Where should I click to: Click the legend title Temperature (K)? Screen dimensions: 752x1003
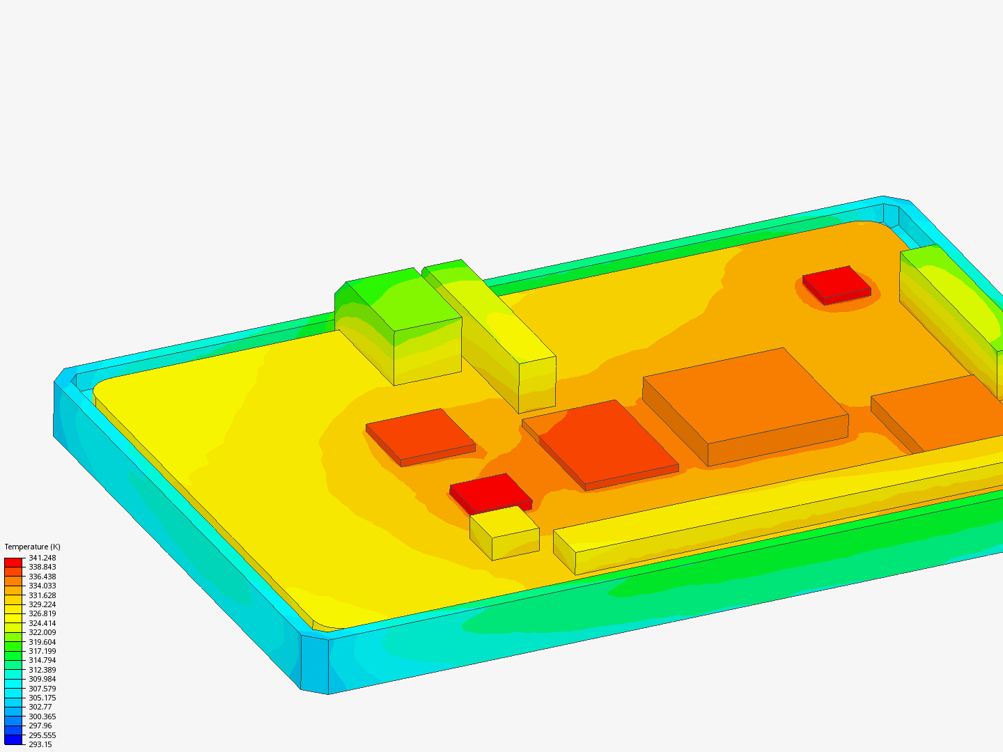click(x=32, y=547)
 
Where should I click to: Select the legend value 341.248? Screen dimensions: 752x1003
click(x=42, y=558)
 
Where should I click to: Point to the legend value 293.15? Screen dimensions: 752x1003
click(x=40, y=744)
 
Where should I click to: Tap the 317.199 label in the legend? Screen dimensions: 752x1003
click(x=42, y=651)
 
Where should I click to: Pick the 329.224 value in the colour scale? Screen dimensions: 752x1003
click(x=42, y=604)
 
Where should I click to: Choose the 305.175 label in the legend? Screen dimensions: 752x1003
click(x=42, y=698)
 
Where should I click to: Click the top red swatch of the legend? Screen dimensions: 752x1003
click(x=13, y=562)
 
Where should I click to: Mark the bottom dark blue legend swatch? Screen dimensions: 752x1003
click(x=13, y=739)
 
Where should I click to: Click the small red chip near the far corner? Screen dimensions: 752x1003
click(x=837, y=282)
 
